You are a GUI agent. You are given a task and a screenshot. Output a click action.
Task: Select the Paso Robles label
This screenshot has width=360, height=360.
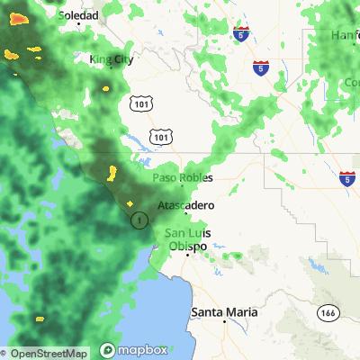point(184,177)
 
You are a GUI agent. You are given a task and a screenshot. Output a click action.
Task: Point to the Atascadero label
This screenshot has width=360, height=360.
point(186,205)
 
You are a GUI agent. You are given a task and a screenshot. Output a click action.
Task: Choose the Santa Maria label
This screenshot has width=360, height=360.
point(224,311)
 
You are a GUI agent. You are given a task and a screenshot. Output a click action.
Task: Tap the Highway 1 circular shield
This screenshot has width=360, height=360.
point(139,219)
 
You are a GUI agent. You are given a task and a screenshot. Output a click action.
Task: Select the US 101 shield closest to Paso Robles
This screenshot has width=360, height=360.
point(160,135)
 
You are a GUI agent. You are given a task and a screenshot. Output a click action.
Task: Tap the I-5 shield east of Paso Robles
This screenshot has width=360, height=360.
point(347,179)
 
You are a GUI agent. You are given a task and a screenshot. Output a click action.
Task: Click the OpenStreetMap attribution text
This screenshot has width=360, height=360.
point(45,353)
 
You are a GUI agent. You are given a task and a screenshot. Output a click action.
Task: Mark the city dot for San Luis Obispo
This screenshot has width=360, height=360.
point(187,256)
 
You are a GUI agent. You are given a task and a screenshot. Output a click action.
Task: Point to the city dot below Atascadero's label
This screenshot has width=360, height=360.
point(186,214)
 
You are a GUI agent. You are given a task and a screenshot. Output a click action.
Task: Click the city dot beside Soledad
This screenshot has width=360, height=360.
point(57,16)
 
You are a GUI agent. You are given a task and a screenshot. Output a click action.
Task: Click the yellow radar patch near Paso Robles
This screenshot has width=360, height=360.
point(113,172)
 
